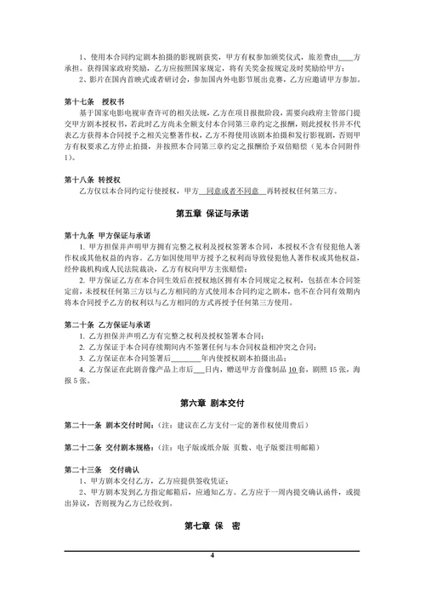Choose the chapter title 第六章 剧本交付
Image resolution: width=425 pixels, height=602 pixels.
[x=212, y=401]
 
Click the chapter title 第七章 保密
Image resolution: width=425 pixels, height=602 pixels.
[x=212, y=527]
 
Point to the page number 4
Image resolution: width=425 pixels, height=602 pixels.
[x=212, y=556]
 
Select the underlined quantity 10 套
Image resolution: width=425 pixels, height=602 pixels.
[x=293, y=370]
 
